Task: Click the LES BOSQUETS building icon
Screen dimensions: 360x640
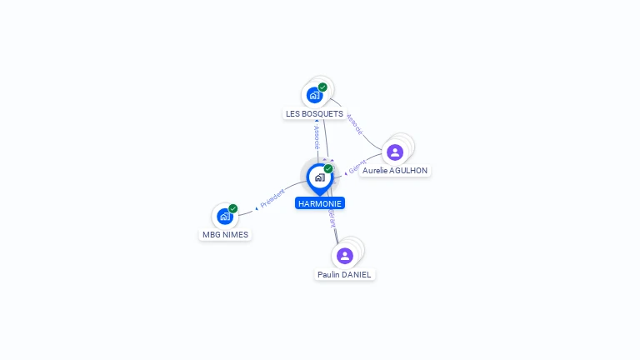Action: (314, 95)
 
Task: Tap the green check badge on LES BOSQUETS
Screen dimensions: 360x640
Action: (322, 87)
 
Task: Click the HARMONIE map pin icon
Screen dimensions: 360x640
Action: (319, 177)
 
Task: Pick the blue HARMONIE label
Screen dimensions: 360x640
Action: (319, 203)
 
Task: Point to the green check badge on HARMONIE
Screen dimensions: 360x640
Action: (328, 169)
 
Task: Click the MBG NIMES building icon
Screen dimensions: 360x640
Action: (224, 217)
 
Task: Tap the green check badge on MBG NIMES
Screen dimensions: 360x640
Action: (233, 208)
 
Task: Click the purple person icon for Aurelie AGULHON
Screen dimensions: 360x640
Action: (395, 152)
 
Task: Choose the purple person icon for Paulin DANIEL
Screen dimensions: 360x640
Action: (345, 255)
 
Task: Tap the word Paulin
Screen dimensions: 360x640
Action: (329, 274)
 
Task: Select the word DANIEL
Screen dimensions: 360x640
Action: (357, 274)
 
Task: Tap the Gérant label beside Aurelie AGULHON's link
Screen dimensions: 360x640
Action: (357, 167)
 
